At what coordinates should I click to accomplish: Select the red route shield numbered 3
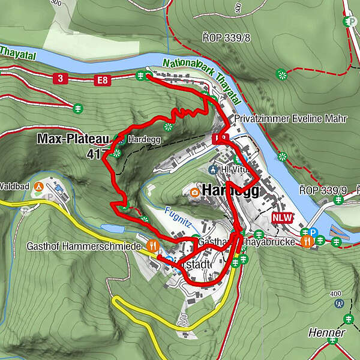coord(60,78)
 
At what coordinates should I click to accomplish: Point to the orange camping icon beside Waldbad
coord(38,187)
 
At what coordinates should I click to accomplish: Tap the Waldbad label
coord(14,185)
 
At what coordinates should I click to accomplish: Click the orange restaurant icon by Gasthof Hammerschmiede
coord(154,245)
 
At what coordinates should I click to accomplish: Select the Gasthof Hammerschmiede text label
coord(84,246)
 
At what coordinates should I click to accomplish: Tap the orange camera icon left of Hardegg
coord(194,192)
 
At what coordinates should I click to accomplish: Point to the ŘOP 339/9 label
coord(324,191)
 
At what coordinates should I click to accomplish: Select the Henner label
coord(326,332)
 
